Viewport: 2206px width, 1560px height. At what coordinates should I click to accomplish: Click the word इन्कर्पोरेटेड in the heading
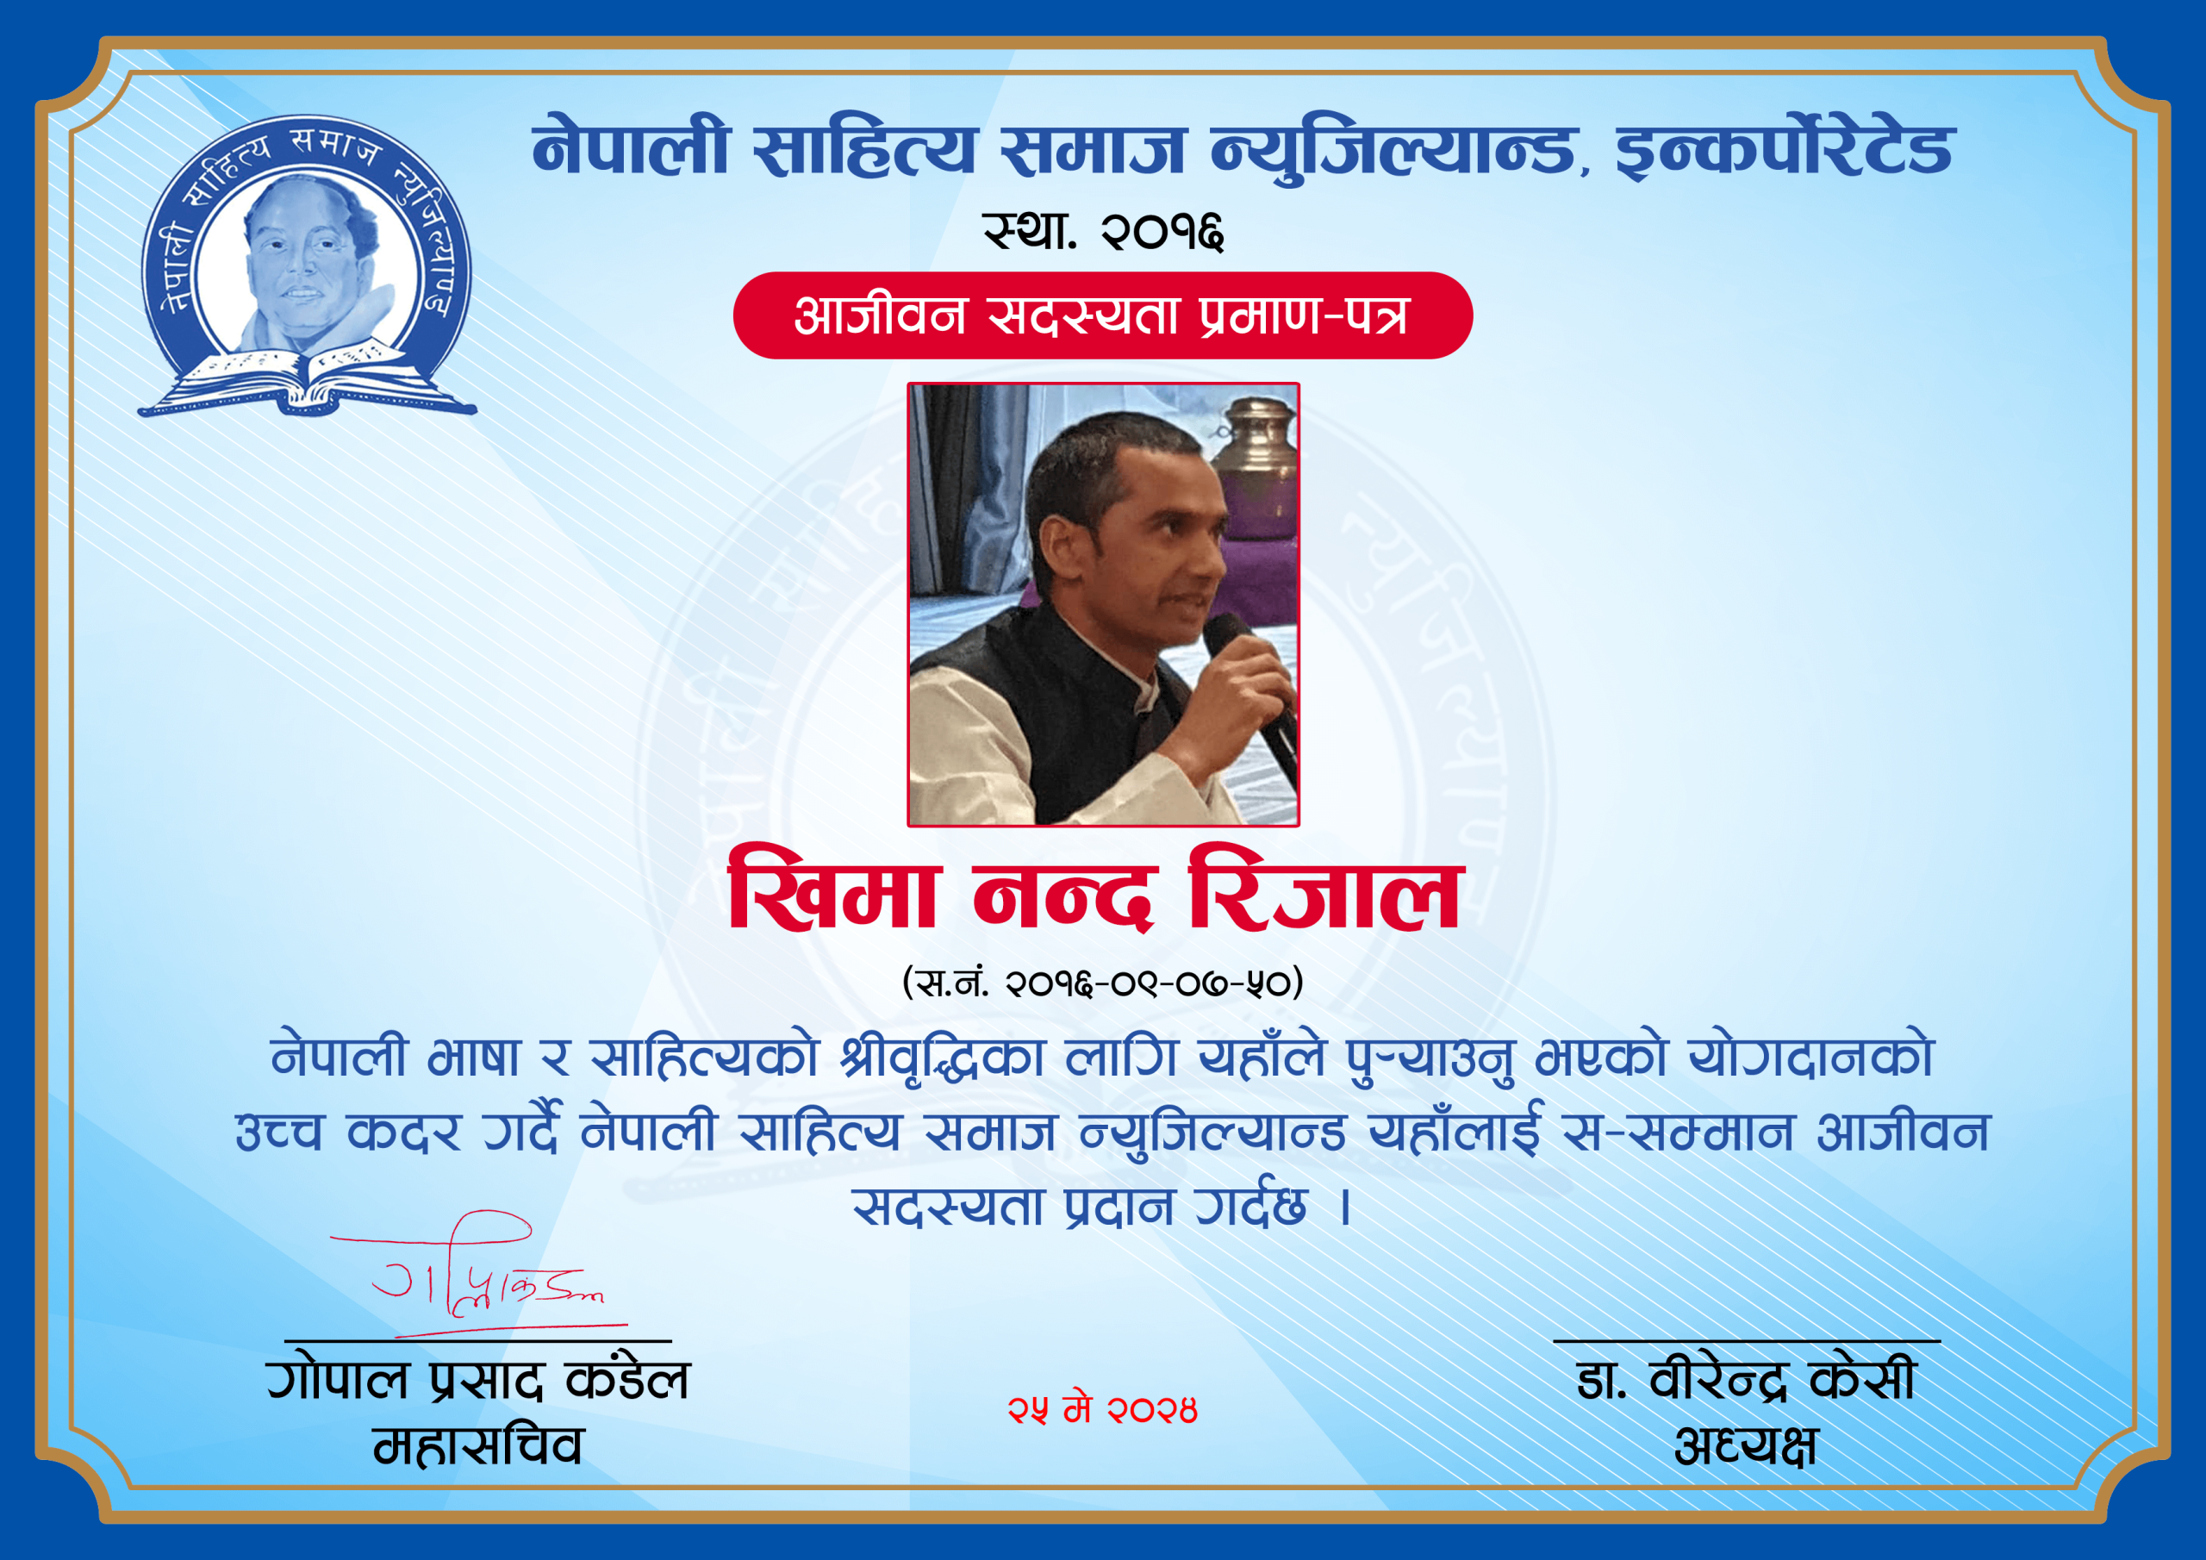(1785, 152)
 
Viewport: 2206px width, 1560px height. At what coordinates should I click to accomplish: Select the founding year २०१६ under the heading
(1163, 232)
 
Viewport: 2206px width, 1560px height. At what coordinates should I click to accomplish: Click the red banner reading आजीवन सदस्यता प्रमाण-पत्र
(1102, 315)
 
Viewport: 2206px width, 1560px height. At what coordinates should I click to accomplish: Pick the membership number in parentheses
(1102, 983)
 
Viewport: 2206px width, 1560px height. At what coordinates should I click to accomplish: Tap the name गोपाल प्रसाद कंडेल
(478, 1379)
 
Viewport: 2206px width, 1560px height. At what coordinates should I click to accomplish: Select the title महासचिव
(478, 1445)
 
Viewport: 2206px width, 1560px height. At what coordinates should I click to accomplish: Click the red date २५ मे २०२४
(1102, 1410)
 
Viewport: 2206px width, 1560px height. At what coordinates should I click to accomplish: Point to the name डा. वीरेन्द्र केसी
(1746, 1380)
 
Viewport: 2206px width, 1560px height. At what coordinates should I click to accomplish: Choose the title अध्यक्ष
(1746, 1445)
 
